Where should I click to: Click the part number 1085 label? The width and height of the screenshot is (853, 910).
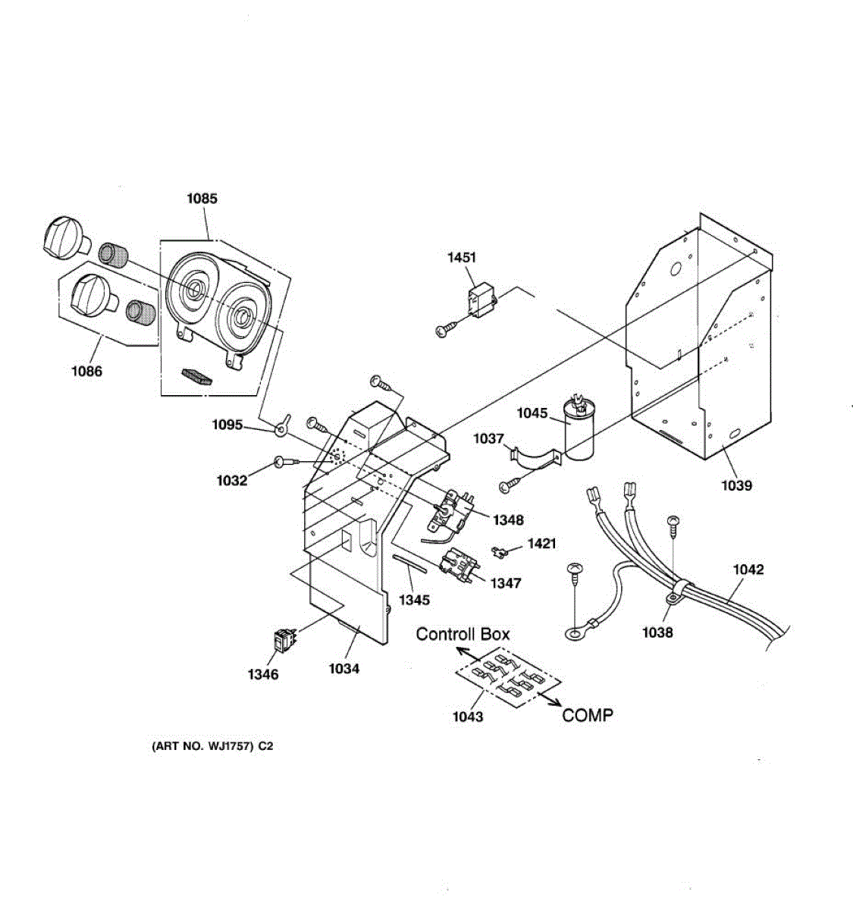202,199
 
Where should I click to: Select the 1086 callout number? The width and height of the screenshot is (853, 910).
86,372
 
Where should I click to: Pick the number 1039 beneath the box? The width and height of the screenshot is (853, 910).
736,485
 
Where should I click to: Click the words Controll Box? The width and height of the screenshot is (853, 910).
463,634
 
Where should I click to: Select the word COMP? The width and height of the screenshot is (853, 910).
588,715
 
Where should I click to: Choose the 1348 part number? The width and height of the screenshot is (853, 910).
507,520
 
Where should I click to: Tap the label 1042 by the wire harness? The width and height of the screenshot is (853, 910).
748,570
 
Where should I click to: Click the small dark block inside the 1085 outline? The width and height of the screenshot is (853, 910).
196,376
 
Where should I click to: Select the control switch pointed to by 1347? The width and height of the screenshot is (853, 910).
456,565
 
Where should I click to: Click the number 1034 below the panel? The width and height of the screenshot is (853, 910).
343,669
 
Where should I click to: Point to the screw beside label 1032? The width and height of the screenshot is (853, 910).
284,462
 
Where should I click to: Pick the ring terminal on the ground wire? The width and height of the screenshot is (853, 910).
575,629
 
